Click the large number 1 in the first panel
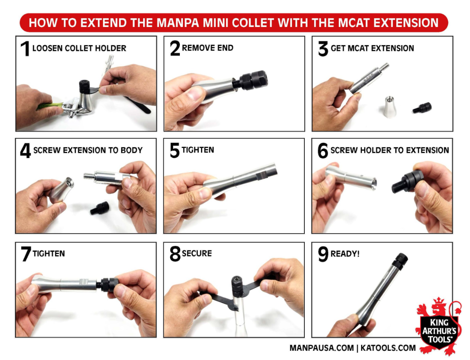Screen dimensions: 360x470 (25, 49)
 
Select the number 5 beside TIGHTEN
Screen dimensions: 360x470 (174, 151)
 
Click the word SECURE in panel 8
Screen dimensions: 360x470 (197, 254)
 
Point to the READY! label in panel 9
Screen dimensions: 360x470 (345, 254)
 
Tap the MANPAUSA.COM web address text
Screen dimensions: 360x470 (321, 348)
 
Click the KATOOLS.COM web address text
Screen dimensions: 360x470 (388, 348)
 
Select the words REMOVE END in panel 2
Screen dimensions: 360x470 (207, 48)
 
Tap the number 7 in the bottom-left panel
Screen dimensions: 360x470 (25, 254)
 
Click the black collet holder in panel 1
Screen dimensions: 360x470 (84, 87)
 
